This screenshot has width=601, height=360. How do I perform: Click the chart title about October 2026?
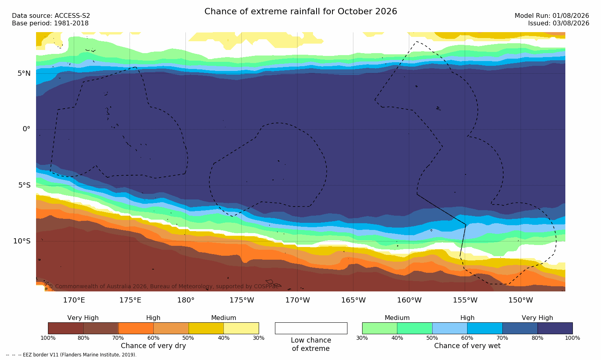pyautogui.click(x=300, y=11)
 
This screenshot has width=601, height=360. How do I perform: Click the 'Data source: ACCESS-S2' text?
pyautogui.click(x=51, y=16)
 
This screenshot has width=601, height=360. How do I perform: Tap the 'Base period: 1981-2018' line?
pyautogui.click(x=50, y=23)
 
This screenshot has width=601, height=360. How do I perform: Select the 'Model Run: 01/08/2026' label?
pyautogui.click(x=551, y=16)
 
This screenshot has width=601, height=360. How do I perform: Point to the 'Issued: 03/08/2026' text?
pyautogui.click(x=559, y=23)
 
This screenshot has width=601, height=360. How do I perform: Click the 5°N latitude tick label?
pyautogui.click(x=24, y=73)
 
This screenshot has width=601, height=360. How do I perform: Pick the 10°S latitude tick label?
pyautogui.click(x=22, y=241)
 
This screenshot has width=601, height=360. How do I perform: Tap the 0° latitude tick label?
pyautogui.click(x=27, y=129)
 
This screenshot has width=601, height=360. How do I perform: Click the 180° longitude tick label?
pyautogui.click(x=186, y=300)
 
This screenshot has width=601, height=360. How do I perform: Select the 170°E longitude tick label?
pyautogui.click(x=74, y=300)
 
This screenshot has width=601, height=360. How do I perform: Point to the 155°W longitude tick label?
pyautogui.click(x=465, y=300)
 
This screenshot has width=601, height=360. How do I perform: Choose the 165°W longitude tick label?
pyautogui.click(x=353, y=300)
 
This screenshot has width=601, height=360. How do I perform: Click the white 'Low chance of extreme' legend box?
pyautogui.click(x=311, y=328)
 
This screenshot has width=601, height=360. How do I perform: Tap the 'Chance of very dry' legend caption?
pyautogui.click(x=153, y=346)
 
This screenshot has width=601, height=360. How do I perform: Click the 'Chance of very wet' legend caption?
pyautogui.click(x=467, y=346)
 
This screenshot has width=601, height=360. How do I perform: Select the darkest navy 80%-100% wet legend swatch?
pyautogui.click(x=555, y=328)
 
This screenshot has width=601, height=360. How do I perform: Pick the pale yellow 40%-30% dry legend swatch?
pyautogui.click(x=241, y=328)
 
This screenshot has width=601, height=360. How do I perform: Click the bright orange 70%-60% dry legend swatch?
pyautogui.click(x=136, y=328)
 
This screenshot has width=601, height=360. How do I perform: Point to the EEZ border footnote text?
pyautogui.click(x=71, y=354)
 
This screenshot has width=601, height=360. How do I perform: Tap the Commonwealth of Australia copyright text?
pyautogui.click(x=163, y=286)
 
